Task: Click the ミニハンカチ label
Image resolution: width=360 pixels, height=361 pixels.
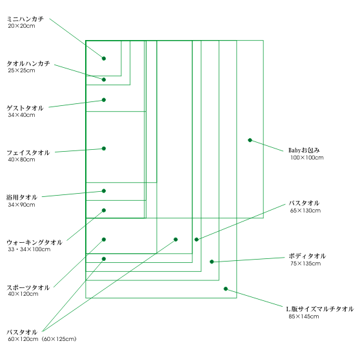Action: pyautogui.click(x=25, y=19)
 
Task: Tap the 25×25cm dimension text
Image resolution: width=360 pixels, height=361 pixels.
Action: pyautogui.click(x=22, y=70)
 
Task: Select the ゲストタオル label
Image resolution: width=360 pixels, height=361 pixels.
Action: pyautogui.click(x=25, y=108)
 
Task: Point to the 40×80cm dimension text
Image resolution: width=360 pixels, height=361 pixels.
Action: pyautogui.click(x=22, y=160)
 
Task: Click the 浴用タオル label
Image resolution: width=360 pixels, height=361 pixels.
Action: pyautogui.click(x=22, y=198)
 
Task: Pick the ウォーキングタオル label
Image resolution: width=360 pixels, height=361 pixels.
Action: pyautogui.click(x=34, y=242)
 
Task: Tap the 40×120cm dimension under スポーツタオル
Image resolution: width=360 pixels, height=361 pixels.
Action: pyautogui.click(x=23, y=294)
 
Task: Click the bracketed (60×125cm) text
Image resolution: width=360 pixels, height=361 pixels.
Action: pyautogui.click(x=59, y=339)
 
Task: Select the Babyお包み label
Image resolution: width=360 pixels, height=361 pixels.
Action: pyautogui.click(x=304, y=150)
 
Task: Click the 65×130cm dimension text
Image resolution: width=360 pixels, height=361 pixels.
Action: pyautogui.click(x=305, y=211)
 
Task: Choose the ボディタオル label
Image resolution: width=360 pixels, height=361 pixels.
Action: pyautogui.click(x=307, y=256)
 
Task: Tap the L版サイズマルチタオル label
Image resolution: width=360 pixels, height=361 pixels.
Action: pyautogui.click(x=320, y=309)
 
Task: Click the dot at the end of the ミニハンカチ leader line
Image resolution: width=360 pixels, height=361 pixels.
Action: pyautogui.click(x=104, y=59)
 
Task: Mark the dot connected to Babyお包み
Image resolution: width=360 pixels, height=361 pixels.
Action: pyautogui.click(x=250, y=140)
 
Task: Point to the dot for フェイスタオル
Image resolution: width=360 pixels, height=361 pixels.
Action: pyautogui.click(x=104, y=149)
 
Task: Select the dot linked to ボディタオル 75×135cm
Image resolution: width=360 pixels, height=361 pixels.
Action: pyautogui.click(x=212, y=262)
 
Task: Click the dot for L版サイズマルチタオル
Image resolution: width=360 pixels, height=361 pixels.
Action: pyautogui.click(x=226, y=289)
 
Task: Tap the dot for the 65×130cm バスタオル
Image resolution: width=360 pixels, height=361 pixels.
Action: pyautogui.click(x=196, y=240)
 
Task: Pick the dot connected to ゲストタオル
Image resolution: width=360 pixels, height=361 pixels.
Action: pyautogui.click(x=104, y=100)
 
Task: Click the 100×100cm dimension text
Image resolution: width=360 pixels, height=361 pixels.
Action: pyautogui.click(x=307, y=158)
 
